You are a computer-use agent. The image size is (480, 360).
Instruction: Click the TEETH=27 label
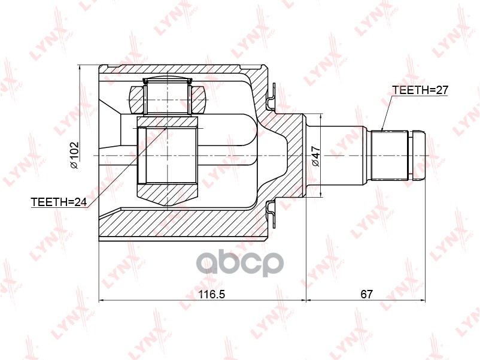420,90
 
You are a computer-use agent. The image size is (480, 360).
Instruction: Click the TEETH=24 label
59,203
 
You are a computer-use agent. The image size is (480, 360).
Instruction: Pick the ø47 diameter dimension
316,158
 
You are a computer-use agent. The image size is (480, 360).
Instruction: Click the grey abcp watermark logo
240,263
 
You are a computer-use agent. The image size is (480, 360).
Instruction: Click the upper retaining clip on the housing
271,96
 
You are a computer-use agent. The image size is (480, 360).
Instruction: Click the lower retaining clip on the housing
271,213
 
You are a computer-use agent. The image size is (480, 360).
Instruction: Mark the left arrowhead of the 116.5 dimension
101,301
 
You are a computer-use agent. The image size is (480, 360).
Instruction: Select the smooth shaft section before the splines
344,155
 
